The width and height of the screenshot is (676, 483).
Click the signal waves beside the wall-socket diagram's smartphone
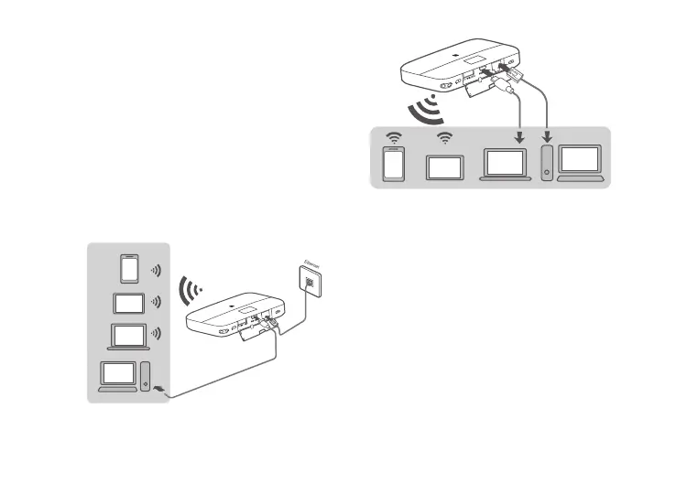[157, 271]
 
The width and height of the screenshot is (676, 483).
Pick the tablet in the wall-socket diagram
[127, 302]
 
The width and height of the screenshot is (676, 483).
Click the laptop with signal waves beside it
[128, 336]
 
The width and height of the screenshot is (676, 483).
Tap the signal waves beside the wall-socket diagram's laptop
[157, 335]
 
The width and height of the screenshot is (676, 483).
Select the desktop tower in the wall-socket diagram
[147, 376]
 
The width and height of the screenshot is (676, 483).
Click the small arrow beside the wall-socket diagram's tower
[162, 391]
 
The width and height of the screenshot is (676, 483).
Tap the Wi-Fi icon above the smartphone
[393, 139]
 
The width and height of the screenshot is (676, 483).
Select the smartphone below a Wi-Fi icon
[393, 164]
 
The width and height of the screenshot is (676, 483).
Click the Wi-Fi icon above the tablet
[446, 139]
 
